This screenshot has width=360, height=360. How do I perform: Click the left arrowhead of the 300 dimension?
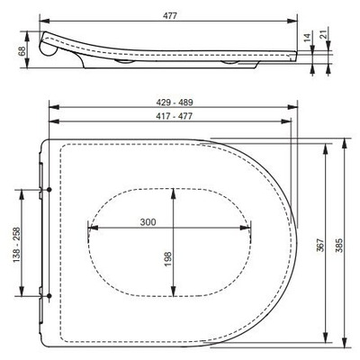91,229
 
